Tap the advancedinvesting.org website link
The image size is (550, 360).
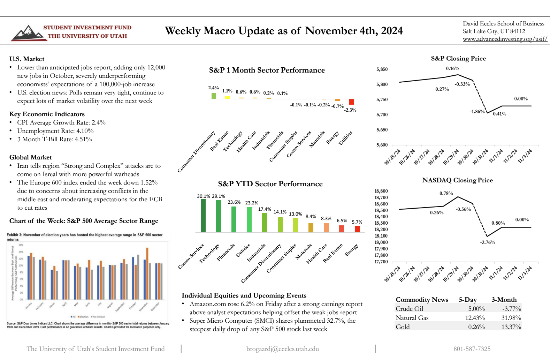(505, 39)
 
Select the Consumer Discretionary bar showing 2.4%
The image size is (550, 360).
(214, 96)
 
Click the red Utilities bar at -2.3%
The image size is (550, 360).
(351, 102)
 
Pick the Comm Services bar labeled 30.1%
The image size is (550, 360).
(203, 216)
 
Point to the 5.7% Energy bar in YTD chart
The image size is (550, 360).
(357, 229)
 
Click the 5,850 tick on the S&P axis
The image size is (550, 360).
(382, 69)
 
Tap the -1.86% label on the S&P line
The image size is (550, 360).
(477, 112)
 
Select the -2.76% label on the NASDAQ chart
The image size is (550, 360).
(487, 242)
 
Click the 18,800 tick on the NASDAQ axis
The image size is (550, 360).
(381, 191)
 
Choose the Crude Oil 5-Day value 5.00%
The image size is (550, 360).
(476, 309)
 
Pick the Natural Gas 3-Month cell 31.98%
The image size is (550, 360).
(511, 318)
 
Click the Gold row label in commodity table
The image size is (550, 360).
(403, 327)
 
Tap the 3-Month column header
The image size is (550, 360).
(504, 300)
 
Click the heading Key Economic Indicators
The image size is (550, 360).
(47, 114)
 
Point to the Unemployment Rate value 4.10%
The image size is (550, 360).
(85, 131)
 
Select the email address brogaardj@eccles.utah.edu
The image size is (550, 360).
(282, 349)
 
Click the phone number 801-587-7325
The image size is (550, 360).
(472, 349)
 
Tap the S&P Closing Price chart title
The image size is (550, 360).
(458, 59)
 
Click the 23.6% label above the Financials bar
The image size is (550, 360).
(234, 202)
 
